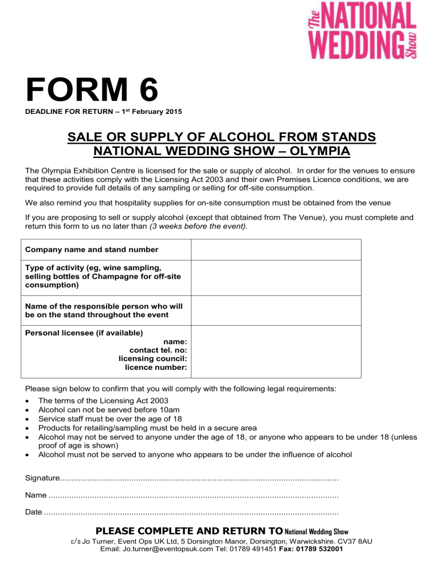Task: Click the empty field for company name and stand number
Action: point(276,250)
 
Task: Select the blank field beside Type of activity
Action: point(276,278)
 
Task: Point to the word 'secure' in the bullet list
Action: point(224,428)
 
